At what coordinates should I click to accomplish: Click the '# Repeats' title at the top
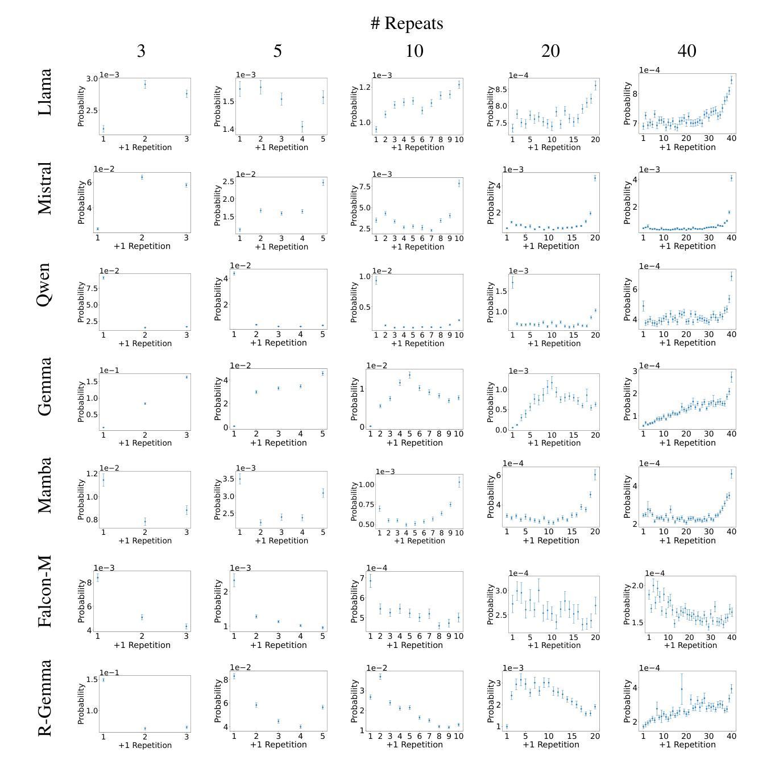(407, 23)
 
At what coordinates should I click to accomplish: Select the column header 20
(550, 51)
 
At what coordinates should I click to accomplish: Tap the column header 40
(687, 51)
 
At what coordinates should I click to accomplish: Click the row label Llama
(45, 92)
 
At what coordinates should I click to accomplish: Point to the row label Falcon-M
(45, 591)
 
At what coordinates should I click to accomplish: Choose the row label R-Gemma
(45, 698)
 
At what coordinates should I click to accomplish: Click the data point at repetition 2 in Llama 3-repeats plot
(145, 85)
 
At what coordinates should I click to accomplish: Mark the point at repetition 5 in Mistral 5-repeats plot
(323, 182)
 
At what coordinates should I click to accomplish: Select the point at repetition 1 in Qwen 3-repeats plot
(103, 277)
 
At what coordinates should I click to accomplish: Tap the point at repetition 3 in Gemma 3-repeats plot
(186, 377)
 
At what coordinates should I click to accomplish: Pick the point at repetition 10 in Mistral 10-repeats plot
(459, 183)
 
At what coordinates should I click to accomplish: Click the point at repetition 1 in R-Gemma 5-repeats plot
(234, 676)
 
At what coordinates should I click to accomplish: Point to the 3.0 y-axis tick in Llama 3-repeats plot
(92, 78)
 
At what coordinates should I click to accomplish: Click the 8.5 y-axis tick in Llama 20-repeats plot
(498, 90)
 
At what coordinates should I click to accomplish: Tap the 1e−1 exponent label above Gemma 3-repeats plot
(109, 371)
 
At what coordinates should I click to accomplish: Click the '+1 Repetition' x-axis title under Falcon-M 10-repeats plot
(414, 645)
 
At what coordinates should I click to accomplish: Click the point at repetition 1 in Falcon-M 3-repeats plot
(97, 577)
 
